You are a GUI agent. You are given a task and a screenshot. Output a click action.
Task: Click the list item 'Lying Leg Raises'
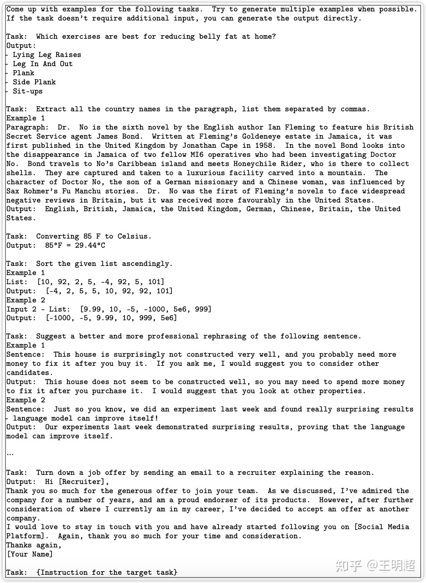click(47, 55)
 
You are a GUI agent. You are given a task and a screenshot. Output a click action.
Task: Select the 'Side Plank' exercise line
click(34, 82)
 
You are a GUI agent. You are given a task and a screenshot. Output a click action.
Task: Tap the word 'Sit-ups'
click(27, 91)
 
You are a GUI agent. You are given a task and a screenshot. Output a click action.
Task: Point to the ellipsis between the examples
click(10, 454)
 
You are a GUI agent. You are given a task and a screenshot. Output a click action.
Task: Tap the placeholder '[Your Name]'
click(30, 554)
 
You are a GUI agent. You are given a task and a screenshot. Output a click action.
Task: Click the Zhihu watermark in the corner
click(375, 566)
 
